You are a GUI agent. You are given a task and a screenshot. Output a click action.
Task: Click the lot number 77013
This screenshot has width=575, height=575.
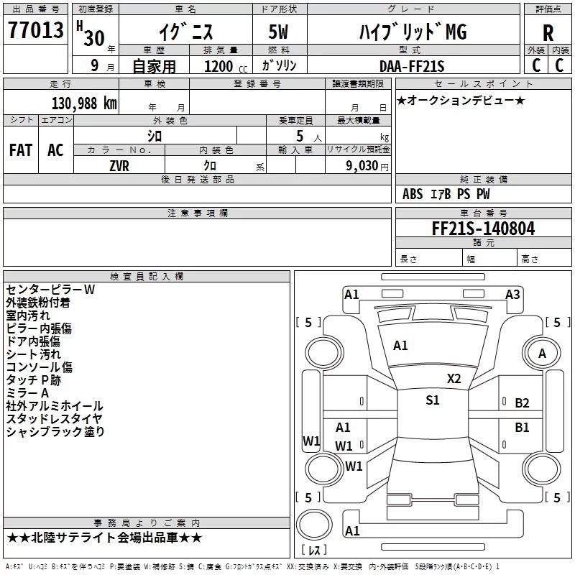35,30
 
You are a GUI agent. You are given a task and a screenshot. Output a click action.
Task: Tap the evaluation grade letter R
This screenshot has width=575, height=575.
548,32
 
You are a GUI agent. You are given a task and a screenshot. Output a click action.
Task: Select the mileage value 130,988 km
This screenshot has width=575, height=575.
84,103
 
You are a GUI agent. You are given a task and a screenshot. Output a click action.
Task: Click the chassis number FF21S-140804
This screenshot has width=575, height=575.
483,228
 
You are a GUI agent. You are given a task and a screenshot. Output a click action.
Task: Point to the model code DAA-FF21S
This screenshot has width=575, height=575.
412,66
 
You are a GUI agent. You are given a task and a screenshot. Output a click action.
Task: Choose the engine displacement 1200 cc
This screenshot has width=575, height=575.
226,66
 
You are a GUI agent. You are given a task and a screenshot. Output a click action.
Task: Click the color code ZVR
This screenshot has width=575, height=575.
119,166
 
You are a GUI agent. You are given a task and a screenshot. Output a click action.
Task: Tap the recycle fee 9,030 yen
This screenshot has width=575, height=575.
367,166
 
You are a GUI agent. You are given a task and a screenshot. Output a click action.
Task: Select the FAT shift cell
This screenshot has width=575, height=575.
21,150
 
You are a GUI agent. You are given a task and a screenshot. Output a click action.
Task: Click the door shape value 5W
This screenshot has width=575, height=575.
278,32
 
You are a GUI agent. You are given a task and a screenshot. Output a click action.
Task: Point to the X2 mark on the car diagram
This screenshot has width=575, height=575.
454,379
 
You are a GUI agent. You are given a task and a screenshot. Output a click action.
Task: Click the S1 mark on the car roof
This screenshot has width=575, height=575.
433,400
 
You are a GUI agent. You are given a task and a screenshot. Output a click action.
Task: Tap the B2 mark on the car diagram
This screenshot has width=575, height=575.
522,403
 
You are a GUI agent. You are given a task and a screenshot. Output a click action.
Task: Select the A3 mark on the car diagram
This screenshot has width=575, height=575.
512,295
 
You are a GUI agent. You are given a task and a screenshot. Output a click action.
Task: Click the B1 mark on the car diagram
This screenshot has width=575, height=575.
522,428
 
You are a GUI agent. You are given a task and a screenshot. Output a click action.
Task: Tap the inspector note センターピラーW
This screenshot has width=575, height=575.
50,290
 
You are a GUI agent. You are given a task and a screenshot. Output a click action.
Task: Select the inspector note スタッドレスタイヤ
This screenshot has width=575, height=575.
55,418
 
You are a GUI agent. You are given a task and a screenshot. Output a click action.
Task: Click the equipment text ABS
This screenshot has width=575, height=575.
413,194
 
